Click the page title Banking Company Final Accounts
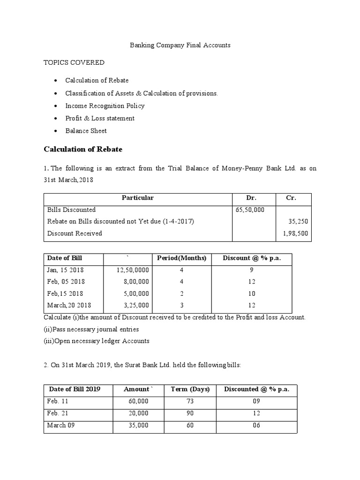pos(180,45)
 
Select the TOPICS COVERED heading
pos(74,62)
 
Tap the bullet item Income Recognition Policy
pos(105,106)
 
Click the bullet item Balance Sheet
pos(86,131)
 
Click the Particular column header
pos(138,198)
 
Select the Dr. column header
pos(251,198)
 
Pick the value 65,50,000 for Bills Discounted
pos(250,210)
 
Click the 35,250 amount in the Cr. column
pos(299,221)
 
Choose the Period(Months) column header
pos(181,258)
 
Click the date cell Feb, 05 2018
pos(66,282)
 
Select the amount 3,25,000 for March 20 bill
pos(135,305)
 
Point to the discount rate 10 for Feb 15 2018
pos(252,293)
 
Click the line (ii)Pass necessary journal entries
pos(91,329)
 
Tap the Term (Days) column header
pos(190,389)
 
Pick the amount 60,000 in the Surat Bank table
pos(139,402)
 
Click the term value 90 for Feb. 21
pos(190,413)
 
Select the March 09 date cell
pos(61,425)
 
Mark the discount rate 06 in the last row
pos(256,425)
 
